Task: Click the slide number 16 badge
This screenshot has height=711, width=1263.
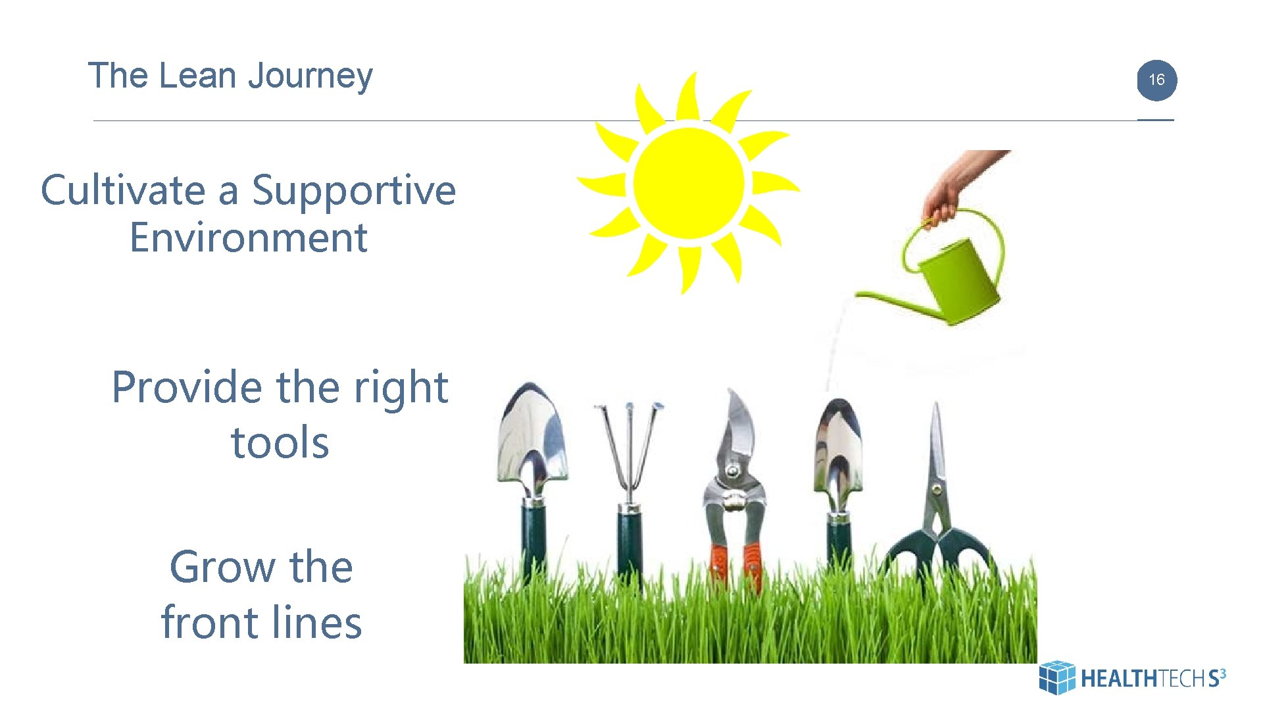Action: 1156,80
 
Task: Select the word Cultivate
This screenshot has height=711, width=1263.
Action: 123,191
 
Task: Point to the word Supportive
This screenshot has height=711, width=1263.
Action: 354,191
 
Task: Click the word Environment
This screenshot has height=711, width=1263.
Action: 248,238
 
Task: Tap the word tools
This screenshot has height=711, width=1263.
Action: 280,442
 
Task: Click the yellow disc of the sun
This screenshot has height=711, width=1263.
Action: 689,183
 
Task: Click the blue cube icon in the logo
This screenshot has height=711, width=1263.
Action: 1056,677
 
